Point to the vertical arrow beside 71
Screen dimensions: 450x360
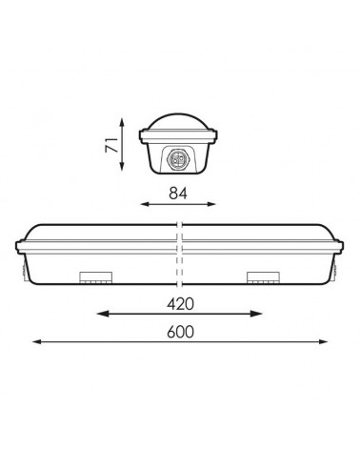click(122, 147)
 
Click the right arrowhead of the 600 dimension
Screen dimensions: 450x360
click(324, 344)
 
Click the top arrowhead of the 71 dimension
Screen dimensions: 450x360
click(122, 121)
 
